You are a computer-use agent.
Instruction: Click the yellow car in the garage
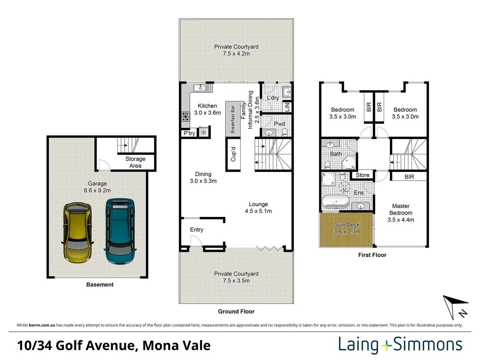click(77, 233)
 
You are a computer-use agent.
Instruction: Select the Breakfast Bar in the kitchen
click(233, 119)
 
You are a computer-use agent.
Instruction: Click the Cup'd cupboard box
click(233, 154)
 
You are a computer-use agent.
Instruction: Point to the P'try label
click(189, 133)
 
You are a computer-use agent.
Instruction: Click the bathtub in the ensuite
click(335, 201)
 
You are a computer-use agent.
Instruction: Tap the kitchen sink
click(202, 88)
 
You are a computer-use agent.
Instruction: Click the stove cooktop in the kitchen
click(185, 117)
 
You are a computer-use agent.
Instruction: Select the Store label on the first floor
click(362, 175)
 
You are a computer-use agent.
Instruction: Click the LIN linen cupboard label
click(287, 107)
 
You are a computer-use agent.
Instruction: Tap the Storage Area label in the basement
click(135, 162)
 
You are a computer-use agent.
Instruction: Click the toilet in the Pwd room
click(285, 132)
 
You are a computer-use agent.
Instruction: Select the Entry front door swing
click(196, 241)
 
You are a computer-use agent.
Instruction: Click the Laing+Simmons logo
click(400, 345)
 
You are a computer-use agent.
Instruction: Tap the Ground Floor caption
click(236, 311)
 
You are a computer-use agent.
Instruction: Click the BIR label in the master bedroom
click(409, 177)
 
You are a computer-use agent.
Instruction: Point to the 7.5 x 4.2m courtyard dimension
click(236, 54)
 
